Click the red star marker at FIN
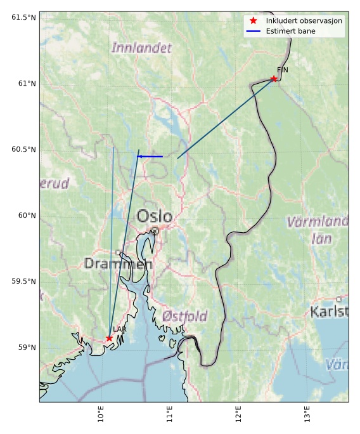(274, 79)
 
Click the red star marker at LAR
(110, 338)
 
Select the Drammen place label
(118, 263)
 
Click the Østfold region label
(184, 316)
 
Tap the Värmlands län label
(318, 230)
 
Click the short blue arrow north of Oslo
(150, 156)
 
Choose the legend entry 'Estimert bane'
(290, 30)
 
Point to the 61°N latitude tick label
(24, 83)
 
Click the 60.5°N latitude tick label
(22, 149)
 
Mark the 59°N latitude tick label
(24, 347)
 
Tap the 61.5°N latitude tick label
(22, 17)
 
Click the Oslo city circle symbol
(155, 231)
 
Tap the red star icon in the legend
(253, 21)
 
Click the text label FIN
(282, 70)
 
